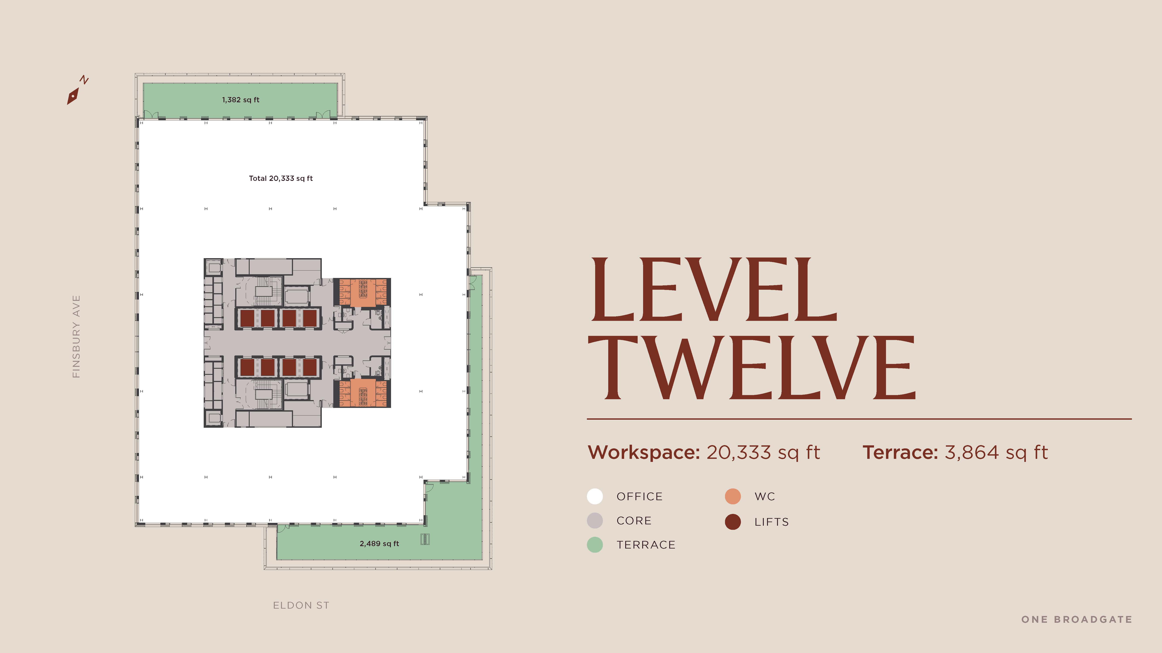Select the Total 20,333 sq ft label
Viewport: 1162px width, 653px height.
[281, 178]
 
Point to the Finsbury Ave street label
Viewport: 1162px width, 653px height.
[76, 337]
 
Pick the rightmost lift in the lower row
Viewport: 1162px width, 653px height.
[309, 367]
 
